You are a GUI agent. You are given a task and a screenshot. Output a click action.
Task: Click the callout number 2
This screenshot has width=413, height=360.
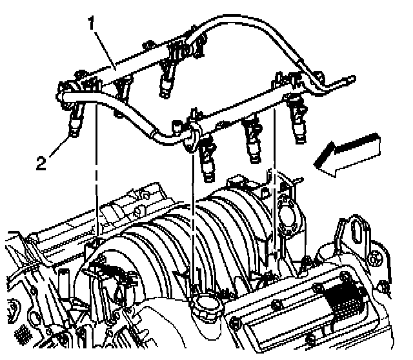pos(41,163)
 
